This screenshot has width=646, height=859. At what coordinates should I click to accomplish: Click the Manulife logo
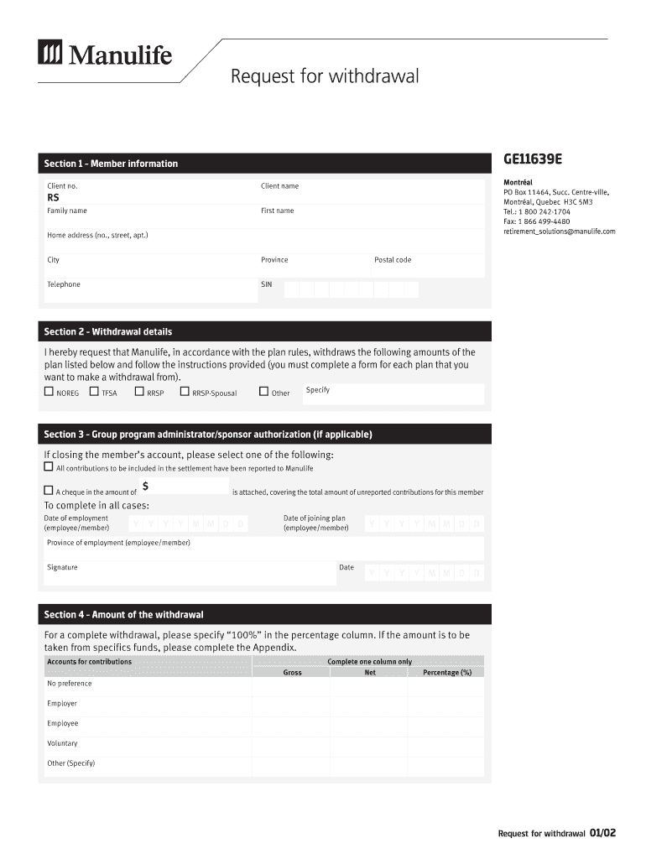pos(105,55)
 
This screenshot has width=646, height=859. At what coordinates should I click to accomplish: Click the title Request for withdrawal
pos(324,77)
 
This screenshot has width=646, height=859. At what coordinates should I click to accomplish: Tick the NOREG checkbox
pos(49,392)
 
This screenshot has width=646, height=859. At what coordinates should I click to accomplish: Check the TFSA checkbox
pos(94,392)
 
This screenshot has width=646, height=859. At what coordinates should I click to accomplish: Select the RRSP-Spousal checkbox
pos(185,392)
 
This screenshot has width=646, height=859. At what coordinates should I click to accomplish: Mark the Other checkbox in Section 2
pos(263,392)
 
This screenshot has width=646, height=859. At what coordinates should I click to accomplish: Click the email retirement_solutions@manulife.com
pos(559,231)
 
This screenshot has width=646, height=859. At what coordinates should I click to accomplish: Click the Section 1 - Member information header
pos(111,164)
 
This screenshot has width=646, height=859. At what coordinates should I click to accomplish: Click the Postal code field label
pos(393,260)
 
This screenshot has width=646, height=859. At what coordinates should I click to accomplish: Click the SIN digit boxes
pos(351,289)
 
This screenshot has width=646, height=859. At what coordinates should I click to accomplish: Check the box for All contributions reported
pos(49,467)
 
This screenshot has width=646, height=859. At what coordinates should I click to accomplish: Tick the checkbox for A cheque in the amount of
pos(49,491)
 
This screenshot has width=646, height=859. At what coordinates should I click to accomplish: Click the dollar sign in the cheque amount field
pos(146,487)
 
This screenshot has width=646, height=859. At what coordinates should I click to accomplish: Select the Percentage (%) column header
pos(446,672)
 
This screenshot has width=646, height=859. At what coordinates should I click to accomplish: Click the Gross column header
pos(292,672)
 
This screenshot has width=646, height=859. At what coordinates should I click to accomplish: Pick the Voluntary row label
pos(62,743)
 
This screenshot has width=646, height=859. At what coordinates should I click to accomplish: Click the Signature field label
pos(62,568)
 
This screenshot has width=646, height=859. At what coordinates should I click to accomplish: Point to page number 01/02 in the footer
pos(602,833)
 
